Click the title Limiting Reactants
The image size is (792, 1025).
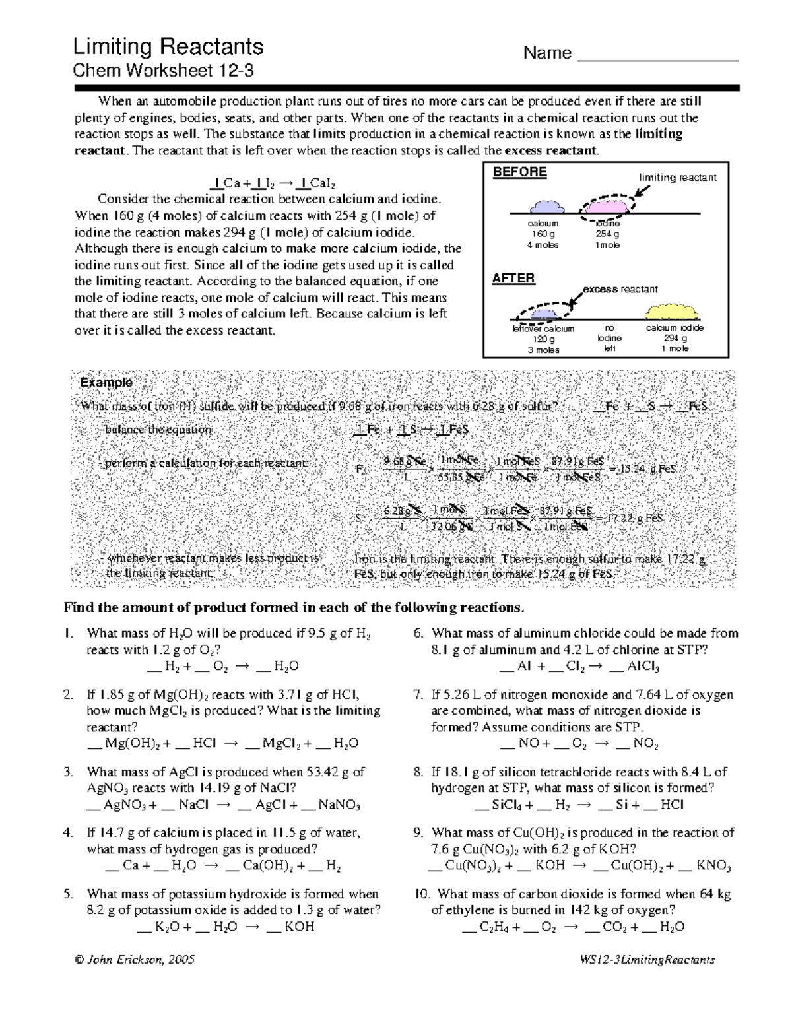pyautogui.click(x=168, y=47)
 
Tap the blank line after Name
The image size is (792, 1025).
pyautogui.click(x=657, y=56)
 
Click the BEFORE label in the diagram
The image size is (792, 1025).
pyautogui.click(x=520, y=172)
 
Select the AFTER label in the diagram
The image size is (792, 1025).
pyautogui.click(x=513, y=278)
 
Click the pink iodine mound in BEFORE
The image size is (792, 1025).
pyautogui.click(x=606, y=206)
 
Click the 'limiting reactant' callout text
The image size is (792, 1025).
pyautogui.click(x=677, y=178)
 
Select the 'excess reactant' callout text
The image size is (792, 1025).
pyautogui.click(x=620, y=289)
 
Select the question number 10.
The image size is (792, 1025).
pyautogui.click(x=422, y=894)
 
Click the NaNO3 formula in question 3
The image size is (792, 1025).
pyautogui.click(x=339, y=805)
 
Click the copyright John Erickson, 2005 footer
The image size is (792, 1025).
pyautogui.click(x=135, y=960)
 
